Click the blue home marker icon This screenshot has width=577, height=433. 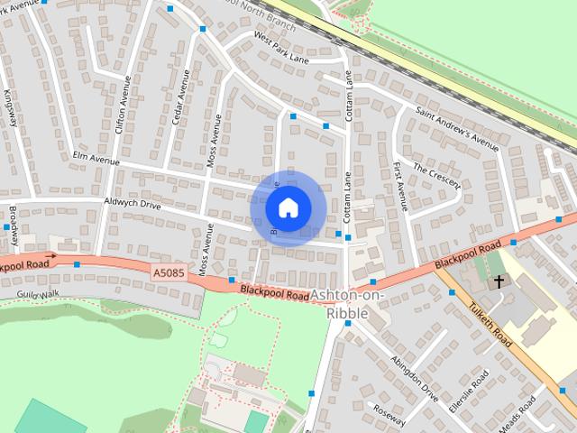tap(287, 207)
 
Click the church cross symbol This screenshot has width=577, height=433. tap(499, 282)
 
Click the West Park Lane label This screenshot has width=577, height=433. tap(281, 49)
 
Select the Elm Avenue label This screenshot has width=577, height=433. tap(96, 160)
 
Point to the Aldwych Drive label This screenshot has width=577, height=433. tap(132, 205)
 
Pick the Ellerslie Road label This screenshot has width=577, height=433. tap(471, 389)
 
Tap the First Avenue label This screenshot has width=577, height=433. tap(400, 186)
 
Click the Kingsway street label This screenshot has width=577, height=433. tap(10, 106)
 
